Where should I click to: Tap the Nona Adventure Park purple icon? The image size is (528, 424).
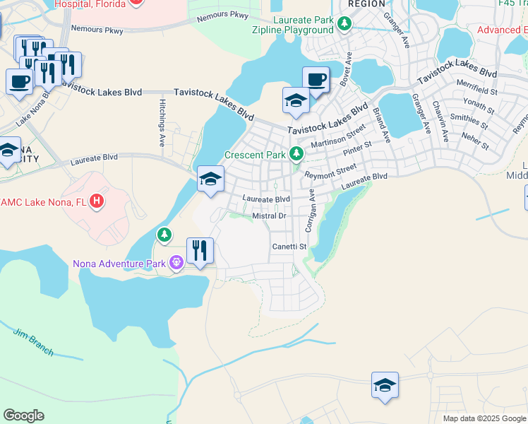(176, 264)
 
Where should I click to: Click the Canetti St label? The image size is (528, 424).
(289, 247)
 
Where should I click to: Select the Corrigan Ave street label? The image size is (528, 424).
(309, 211)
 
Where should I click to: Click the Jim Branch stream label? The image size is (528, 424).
(29, 338)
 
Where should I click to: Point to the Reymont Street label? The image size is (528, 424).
(330, 172)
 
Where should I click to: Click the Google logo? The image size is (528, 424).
(23, 416)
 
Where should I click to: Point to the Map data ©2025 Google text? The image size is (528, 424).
(484, 418)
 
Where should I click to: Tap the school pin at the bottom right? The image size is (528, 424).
(385, 386)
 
